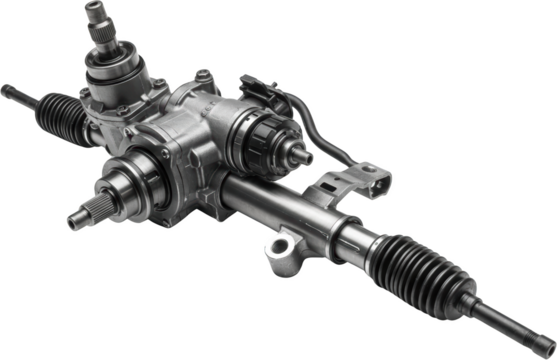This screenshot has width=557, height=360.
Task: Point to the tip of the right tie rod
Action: tap(549, 349)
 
